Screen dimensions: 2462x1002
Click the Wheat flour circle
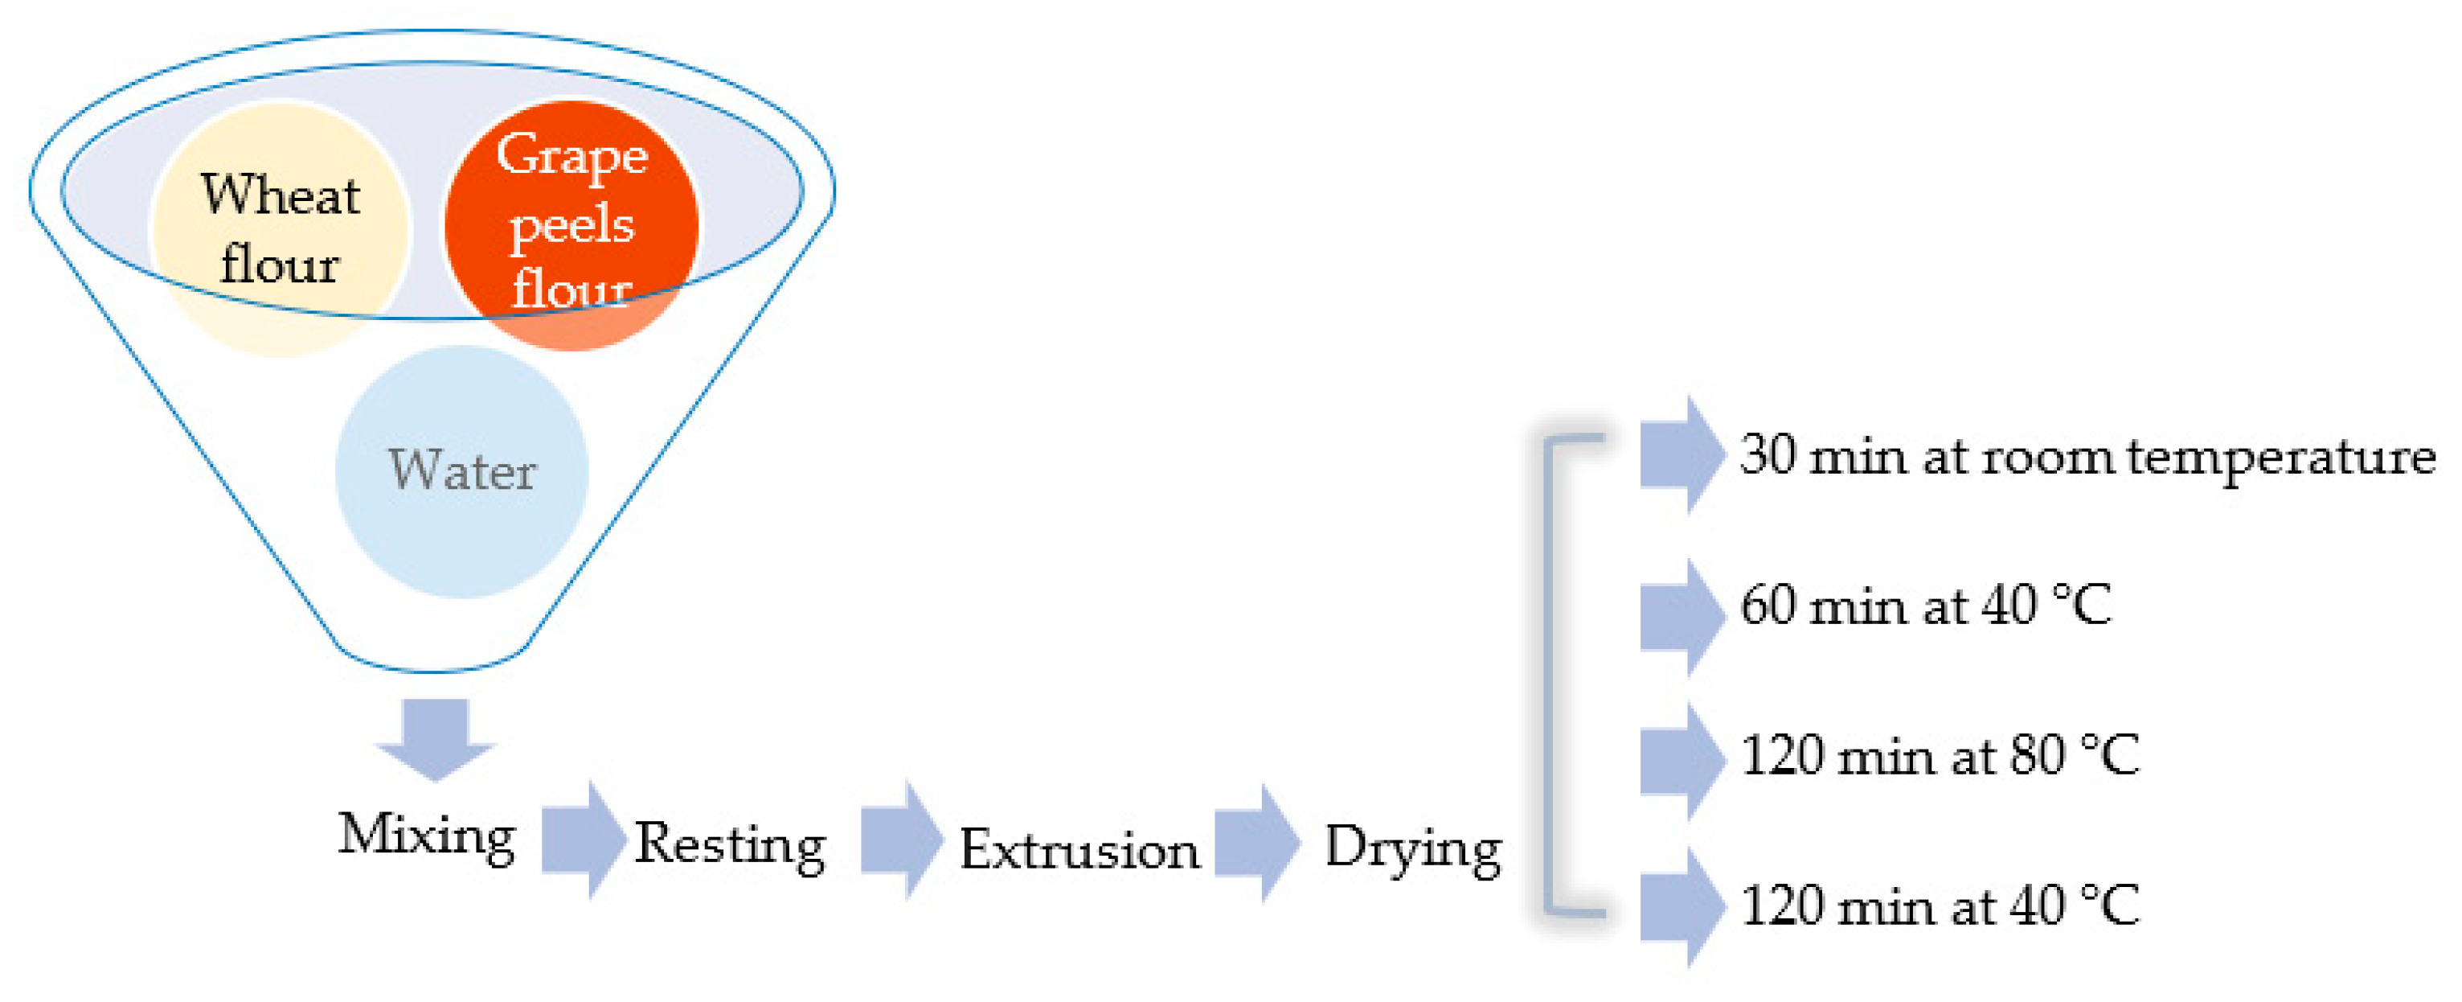280,228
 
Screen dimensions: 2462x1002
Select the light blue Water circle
461,471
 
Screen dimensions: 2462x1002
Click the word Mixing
426,836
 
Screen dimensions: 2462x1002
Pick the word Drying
1412,848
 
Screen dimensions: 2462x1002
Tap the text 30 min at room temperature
2087,456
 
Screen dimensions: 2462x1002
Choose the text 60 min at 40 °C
1925,606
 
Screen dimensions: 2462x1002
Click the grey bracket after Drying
1551,674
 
